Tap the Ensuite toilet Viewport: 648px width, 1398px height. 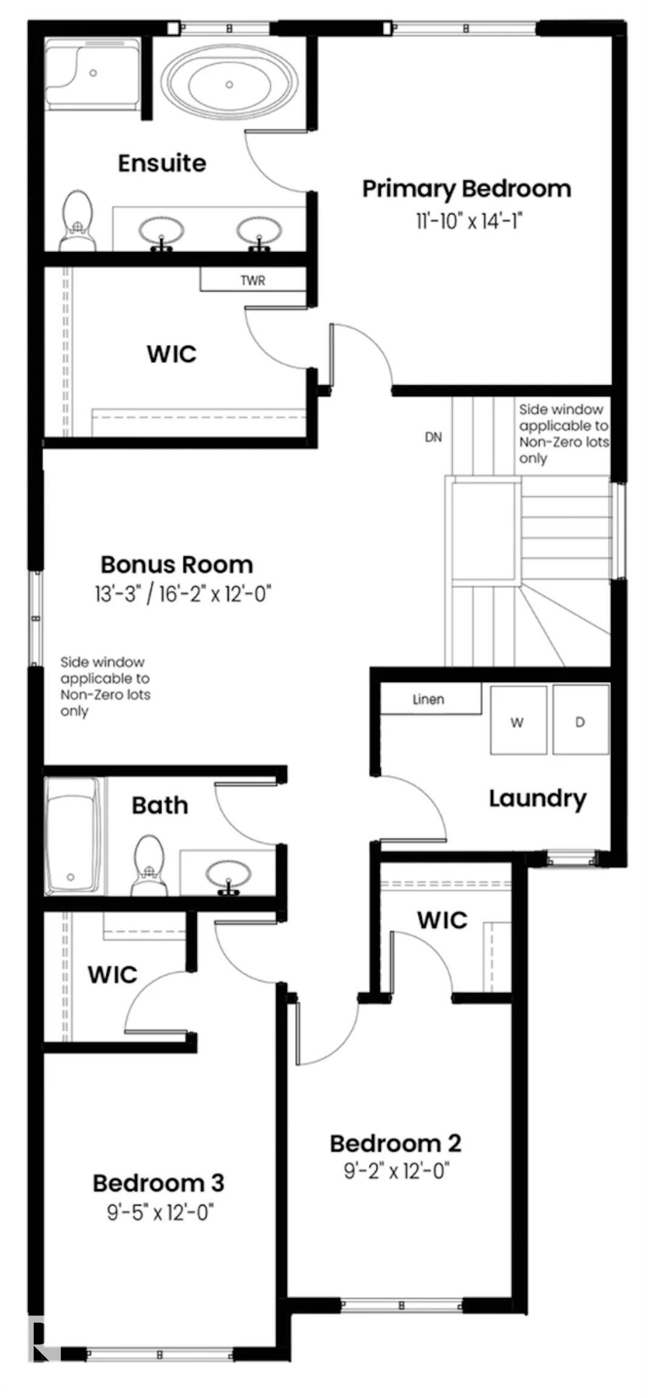tap(78, 220)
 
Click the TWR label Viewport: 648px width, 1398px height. tap(252, 280)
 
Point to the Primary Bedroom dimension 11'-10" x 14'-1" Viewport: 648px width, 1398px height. tap(468, 221)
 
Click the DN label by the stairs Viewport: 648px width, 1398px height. tap(433, 437)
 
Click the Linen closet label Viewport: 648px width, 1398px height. tap(428, 700)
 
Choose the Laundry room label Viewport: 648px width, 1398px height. tap(538, 799)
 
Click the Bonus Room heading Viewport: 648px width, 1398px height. tap(177, 565)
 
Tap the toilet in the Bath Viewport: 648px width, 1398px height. tap(149, 864)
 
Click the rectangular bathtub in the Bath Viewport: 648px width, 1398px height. tap(72, 836)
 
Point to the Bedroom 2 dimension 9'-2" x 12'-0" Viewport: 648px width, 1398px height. tap(396, 1170)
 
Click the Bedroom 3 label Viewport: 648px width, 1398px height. tap(158, 1183)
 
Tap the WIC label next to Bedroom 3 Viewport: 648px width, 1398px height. tap(112, 974)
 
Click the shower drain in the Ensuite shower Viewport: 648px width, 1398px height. tap(93, 73)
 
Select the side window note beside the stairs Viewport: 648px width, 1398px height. tap(562, 434)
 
